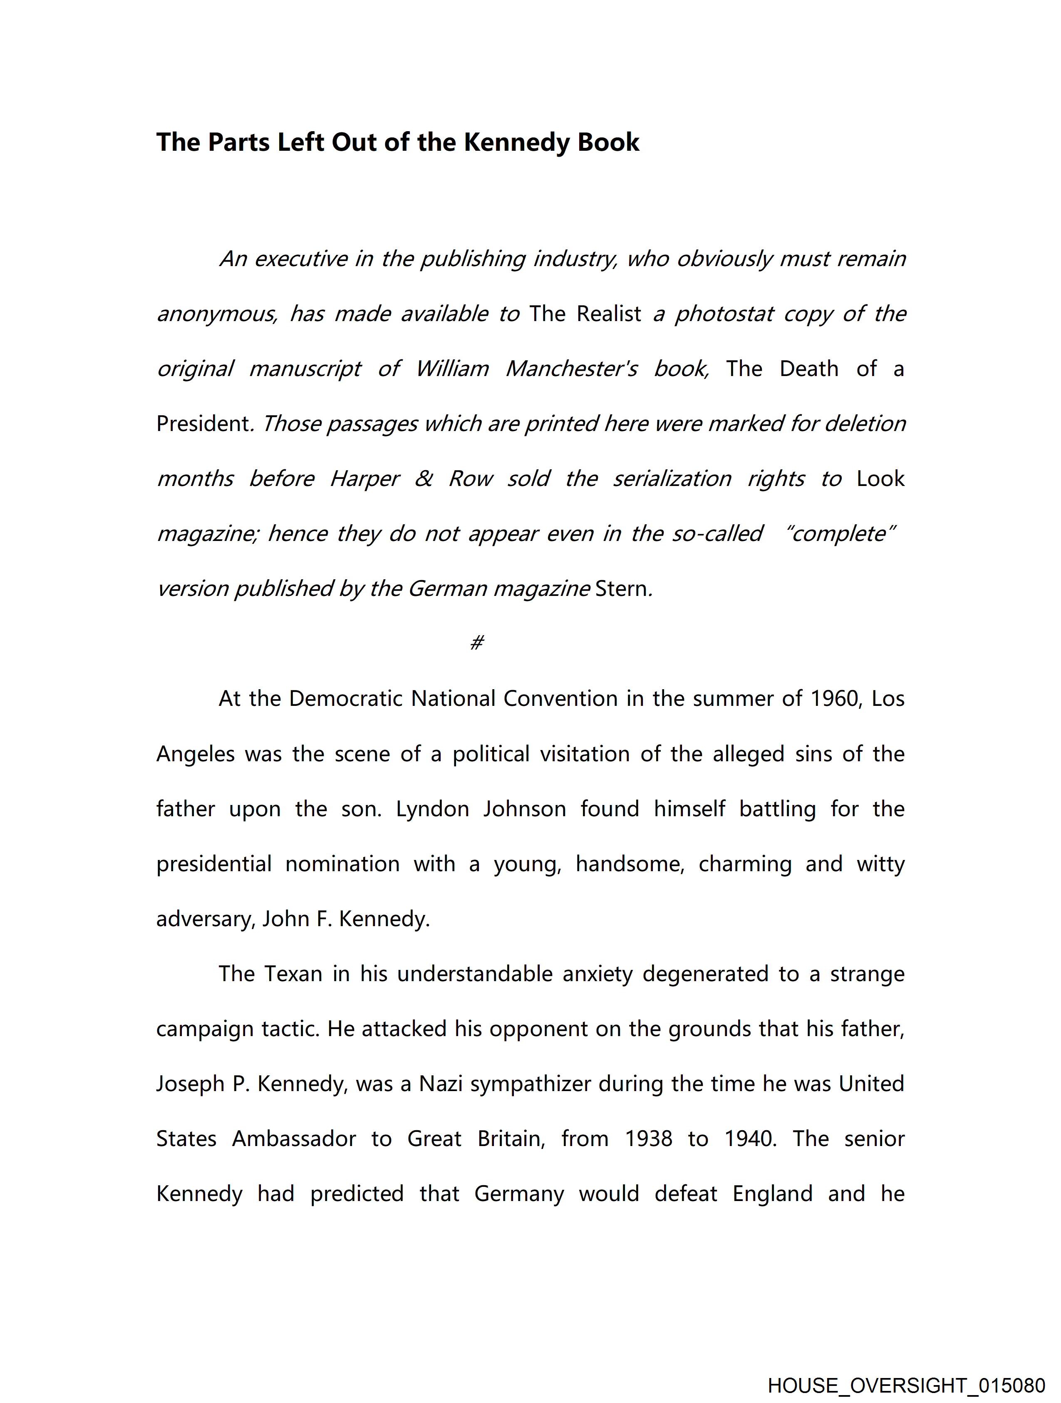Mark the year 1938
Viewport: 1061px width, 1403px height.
click(x=648, y=1139)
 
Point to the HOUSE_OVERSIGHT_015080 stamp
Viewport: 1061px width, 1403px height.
click(x=906, y=1385)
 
